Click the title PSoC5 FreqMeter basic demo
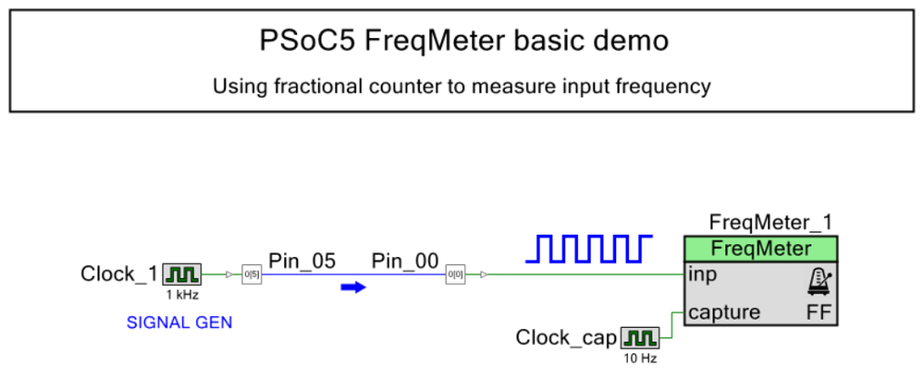click(x=462, y=41)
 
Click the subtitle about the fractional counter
click(x=462, y=87)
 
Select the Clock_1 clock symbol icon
click(x=181, y=274)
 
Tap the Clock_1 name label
click(x=119, y=274)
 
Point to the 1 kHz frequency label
click(x=181, y=296)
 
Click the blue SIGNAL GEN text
click(x=179, y=323)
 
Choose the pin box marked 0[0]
click(x=455, y=274)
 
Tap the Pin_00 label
click(x=405, y=262)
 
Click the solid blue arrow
click(x=353, y=287)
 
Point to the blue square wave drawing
click(x=589, y=248)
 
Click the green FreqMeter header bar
click(x=760, y=249)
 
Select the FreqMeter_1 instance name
click(x=770, y=223)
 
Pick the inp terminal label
click(x=703, y=274)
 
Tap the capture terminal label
click(x=724, y=312)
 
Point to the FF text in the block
click(x=819, y=312)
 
